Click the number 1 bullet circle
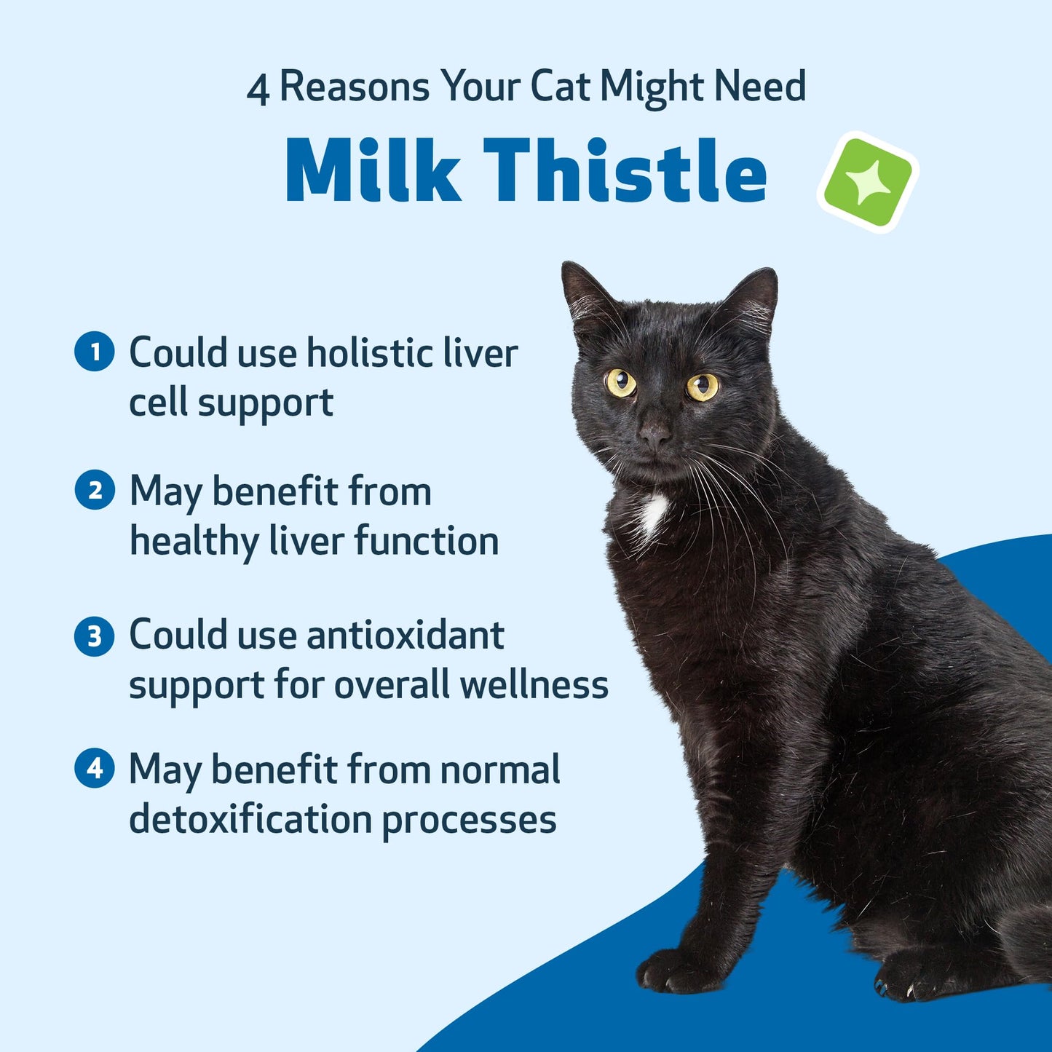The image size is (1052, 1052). click(x=95, y=352)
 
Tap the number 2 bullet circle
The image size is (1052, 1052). click(x=95, y=490)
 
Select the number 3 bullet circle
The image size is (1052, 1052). click(x=95, y=636)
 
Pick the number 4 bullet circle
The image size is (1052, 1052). click(x=95, y=768)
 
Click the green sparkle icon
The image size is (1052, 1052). click(x=868, y=182)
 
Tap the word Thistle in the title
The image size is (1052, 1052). click(x=625, y=171)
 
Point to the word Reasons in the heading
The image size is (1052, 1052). click(x=355, y=87)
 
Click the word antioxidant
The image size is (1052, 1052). click(x=405, y=636)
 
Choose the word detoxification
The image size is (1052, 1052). click(x=250, y=819)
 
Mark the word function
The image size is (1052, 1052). click(x=427, y=542)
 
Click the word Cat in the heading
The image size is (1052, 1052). click(x=560, y=87)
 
